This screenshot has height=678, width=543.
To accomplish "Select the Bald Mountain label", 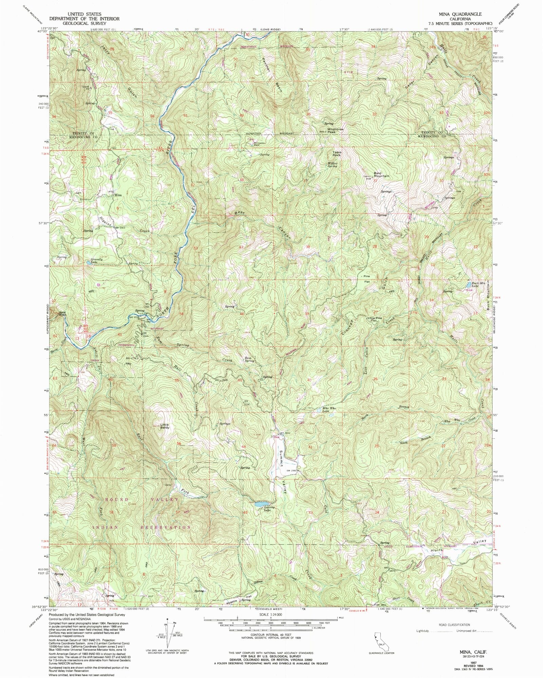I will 381,175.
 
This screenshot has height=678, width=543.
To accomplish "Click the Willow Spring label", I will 332,165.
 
